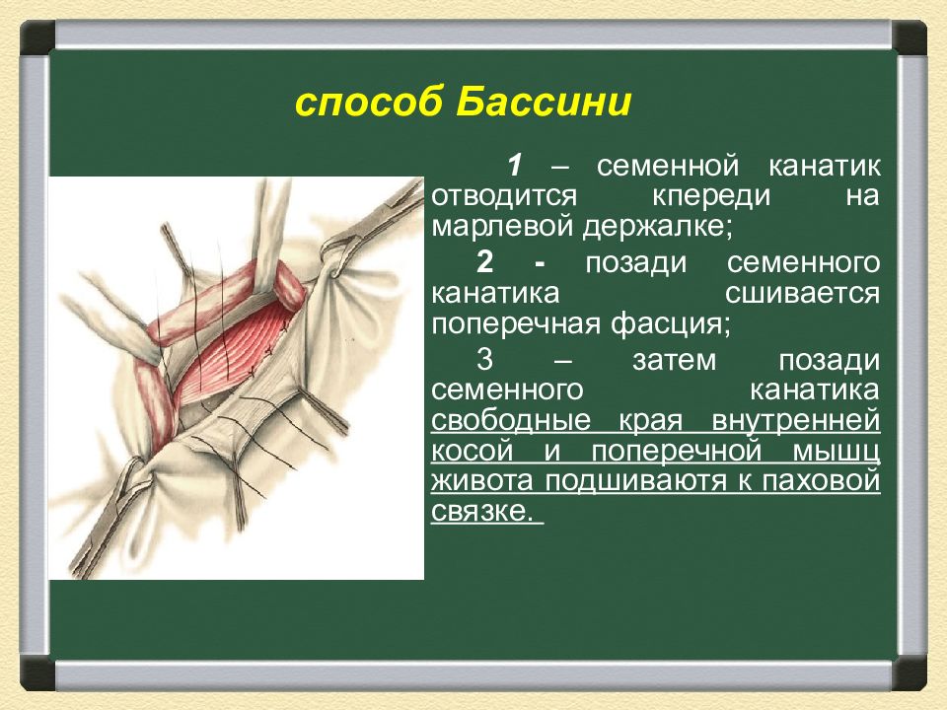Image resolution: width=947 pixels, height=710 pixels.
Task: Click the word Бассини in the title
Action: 544,102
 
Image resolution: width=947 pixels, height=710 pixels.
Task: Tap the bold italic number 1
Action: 514,166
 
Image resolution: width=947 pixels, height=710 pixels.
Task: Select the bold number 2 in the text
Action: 484,262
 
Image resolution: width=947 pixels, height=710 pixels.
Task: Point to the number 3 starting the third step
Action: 484,360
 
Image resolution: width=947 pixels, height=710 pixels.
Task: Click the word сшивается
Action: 802,294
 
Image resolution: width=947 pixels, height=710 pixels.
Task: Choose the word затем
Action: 674,361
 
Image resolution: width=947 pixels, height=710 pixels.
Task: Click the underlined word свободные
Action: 511,420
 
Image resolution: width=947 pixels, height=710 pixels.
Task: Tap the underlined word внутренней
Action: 796,421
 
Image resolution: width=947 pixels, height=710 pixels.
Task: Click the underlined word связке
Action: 483,512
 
